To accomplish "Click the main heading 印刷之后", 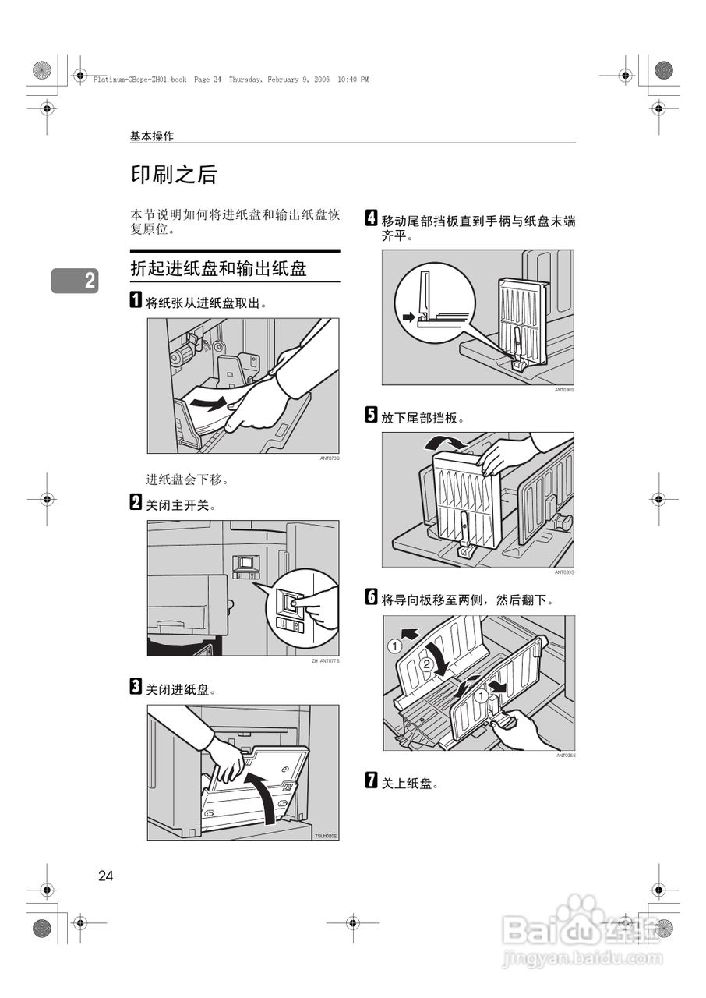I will pyautogui.click(x=173, y=175).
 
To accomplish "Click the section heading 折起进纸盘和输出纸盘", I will pyautogui.click(x=218, y=269).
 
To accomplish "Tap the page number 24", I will pyautogui.click(x=106, y=876).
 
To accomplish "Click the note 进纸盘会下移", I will pyautogui.click(x=187, y=479).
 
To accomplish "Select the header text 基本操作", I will pyautogui.click(x=152, y=136).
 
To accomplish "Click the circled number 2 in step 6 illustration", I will pyautogui.click(x=425, y=665).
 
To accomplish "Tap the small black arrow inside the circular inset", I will pyautogui.click(x=409, y=317).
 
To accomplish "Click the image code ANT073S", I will pyautogui.click(x=330, y=459).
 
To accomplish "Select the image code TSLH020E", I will pyautogui.click(x=326, y=836).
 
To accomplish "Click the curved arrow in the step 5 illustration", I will pyautogui.click(x=441, y=444).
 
